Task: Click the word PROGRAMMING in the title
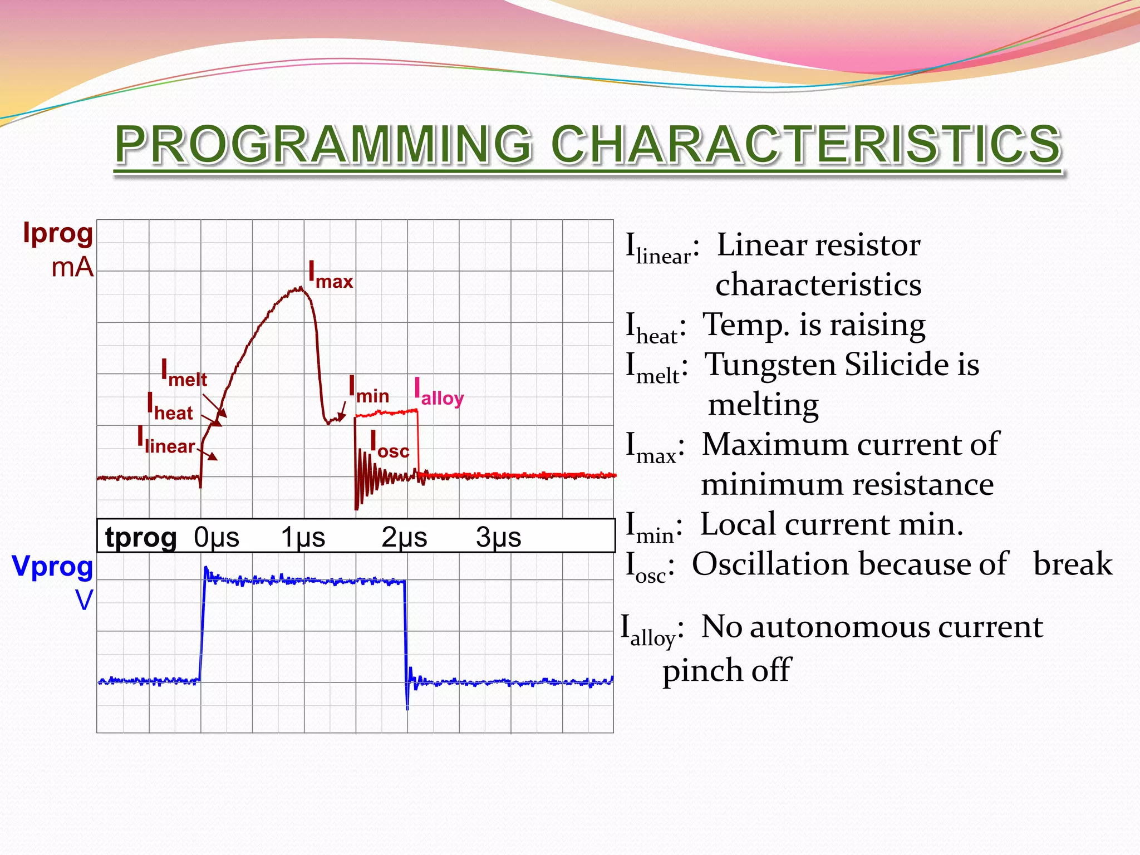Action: coord(323,145)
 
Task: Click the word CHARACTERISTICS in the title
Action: coord(806,145)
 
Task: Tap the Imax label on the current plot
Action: coord(331,276)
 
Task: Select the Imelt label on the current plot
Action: coord(184,374)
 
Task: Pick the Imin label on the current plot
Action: coord(368,390)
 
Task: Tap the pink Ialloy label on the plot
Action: coord(439,392)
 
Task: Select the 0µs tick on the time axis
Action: coord(217,537)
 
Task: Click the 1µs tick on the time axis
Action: coord(302,537)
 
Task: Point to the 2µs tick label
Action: coord(404,537)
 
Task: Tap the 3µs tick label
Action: coord(498,537)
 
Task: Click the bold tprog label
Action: coord(141,537)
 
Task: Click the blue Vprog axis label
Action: coord(52,567)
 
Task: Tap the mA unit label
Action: coord(72,268)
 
